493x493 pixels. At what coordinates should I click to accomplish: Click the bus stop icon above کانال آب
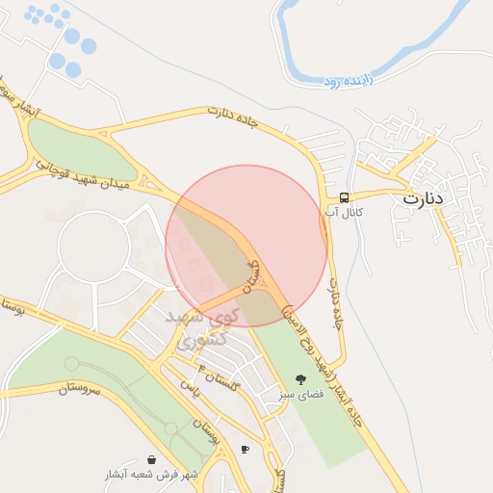pos(344,197)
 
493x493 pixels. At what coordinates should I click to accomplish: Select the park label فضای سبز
pos(299,394)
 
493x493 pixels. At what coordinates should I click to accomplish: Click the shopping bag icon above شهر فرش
pos(152,460)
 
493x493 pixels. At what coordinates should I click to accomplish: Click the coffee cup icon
pos(245,449)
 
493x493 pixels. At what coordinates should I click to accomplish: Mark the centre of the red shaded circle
pos(246,246)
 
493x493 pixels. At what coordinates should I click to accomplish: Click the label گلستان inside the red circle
pos(252,275)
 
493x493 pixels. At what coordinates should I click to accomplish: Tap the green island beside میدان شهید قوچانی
pos(77,149)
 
